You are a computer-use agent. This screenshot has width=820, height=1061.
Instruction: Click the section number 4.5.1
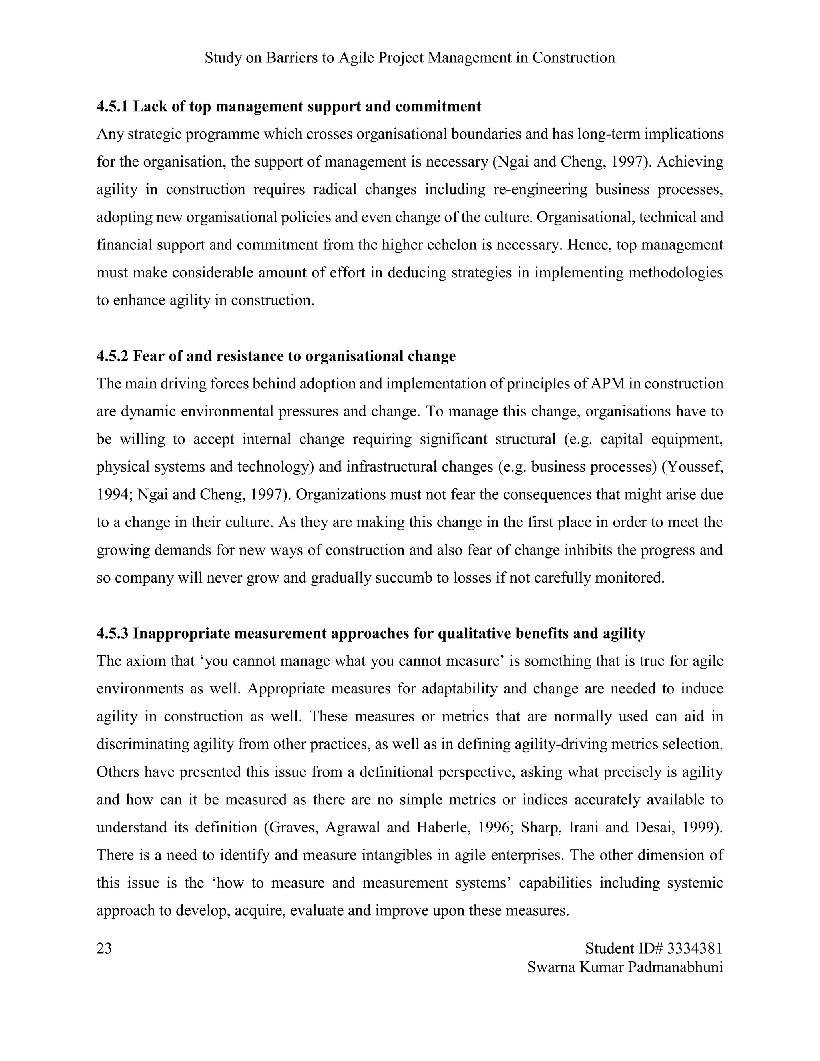pyautogui.click(x=112, y=107)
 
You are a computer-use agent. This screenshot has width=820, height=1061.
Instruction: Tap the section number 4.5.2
pyautogui.click(x=112, y=356)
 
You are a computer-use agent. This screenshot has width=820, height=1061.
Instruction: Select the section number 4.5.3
pyautogui.click(x=112, y=633)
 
